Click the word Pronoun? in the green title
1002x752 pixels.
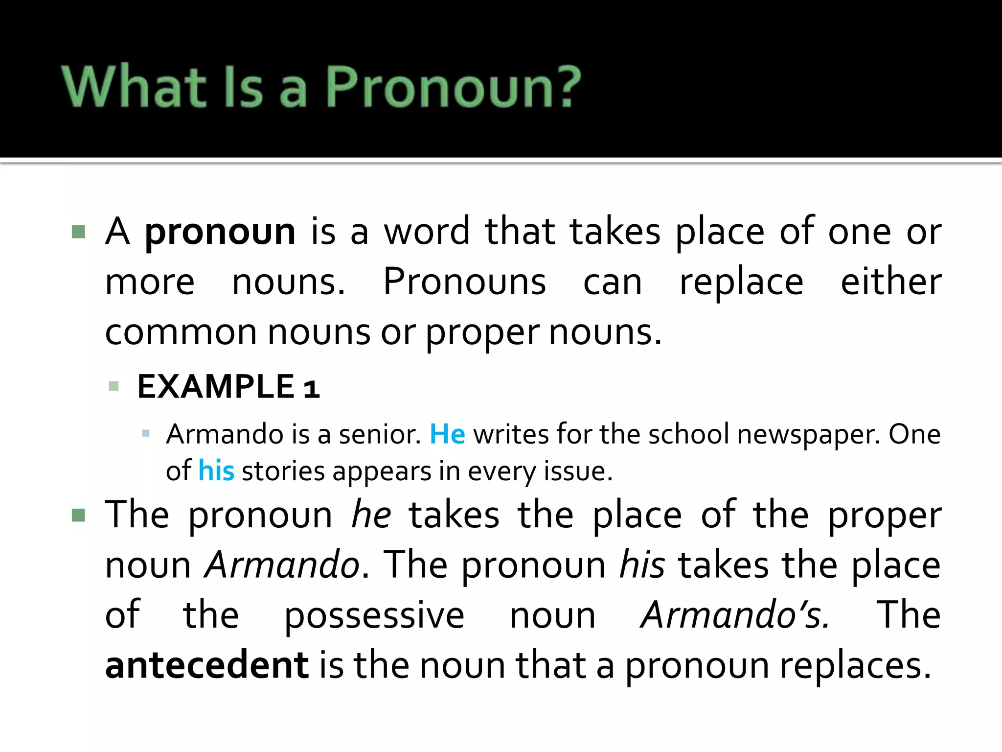(453, 87)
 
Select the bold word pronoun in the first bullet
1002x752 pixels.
(220, 232)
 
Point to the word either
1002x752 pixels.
(891, 282)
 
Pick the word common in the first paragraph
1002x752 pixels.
(181, 332)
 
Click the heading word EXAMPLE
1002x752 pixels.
(216, 387)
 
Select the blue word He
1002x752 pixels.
(447, 434)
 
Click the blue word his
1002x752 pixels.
(216, 471)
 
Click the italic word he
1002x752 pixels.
(371, 515)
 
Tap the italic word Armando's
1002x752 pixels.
(735, 615)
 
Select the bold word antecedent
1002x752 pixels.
(207, 665)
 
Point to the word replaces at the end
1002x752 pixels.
(856, 665)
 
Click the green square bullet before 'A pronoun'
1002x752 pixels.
(78, 232)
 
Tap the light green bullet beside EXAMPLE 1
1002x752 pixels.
(114, 386)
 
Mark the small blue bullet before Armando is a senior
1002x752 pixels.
(145, 433)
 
